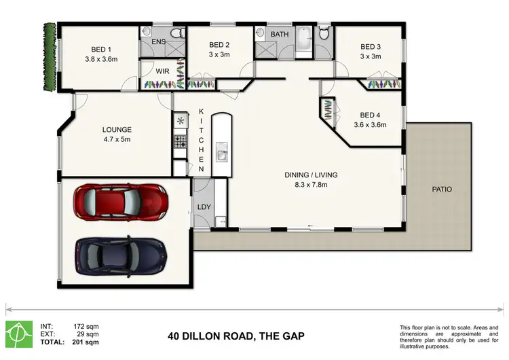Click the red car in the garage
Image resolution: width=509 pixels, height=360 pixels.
pyautogui.click(x=120, y=201)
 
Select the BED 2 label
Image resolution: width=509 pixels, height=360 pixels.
pyautogui.click(x=219, y=46)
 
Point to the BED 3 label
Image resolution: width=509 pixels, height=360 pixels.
pyautogui.click(x=371, y=47)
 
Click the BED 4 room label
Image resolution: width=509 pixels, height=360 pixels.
pyautogui.click(x=373, y=115)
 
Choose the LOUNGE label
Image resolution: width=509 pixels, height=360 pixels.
pyautogui.click(x=116, y=129)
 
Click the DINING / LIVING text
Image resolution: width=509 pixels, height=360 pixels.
pyautogui.click(x=310, y=175)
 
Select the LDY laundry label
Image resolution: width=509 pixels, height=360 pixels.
pyautogui.click(x=204, y=208)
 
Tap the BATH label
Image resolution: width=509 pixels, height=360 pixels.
pyautogui.click(x=280, y=33)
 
